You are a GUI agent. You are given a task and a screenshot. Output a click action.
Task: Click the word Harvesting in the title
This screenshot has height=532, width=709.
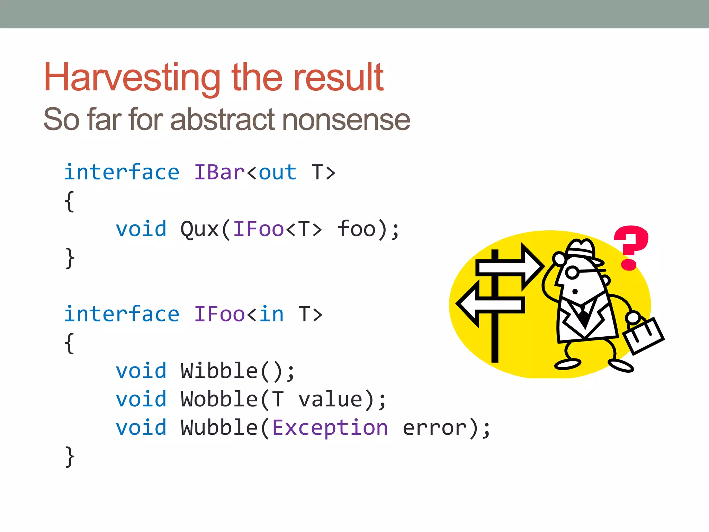pyautogui.click(x=132, y=78)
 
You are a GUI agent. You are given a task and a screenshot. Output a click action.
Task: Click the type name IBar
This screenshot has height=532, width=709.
pyautogui.click(x=219, y=172)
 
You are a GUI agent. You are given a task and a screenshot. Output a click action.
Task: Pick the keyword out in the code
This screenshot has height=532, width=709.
pyautogui.click(x=277, y=172)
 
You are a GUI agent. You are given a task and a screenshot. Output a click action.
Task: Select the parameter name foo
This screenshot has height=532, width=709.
pyautogui.click(x=356, y=229)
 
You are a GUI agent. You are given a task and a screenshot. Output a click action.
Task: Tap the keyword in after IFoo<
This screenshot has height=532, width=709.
pyautogui.click(x=271, y=314)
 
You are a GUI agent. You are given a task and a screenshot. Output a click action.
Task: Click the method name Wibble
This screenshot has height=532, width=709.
pyautogui.click(x=219, y=371)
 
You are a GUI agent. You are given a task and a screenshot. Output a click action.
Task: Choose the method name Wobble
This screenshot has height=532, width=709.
pyautogui.click(x=219, y=399)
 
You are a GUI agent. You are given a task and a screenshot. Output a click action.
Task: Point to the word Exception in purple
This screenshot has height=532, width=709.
pyautogui.click(x=330, y=428)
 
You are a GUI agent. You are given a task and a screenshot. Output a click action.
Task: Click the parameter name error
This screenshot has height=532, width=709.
pyautogui.click(x=435, y=428)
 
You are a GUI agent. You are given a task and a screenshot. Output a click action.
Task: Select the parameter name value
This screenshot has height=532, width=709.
pyautogui.click(x=331, y=399)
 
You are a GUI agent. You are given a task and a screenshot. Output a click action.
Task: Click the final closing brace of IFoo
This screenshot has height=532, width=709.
pyautogui.click(x=70, y=456)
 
